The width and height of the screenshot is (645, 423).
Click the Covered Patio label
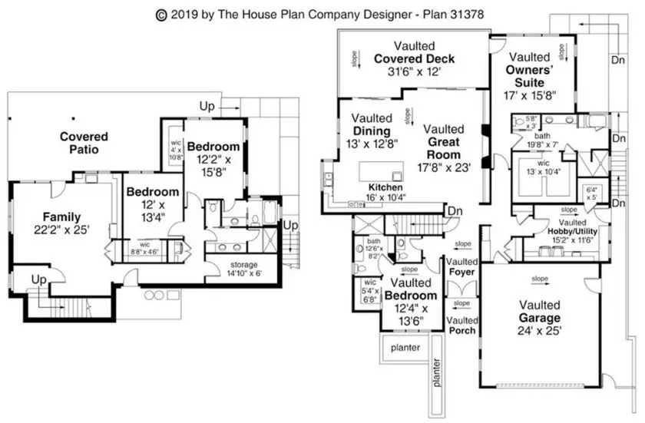pyautogui.click(x=84, y=143)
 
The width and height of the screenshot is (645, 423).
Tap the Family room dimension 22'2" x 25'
pyautogui.click(x=61, y=230)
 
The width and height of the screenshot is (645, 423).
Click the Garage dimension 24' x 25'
pyautogui.click(x=540, y=331)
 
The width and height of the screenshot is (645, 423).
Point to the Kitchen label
pyautogui.click(x=387, y=187)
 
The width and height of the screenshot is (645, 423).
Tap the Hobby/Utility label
pyautogui.click(x=571, y=231)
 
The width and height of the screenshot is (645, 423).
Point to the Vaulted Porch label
pyautogui.click(x=462, y=326)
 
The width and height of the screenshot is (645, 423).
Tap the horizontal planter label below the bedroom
pyautogui.click(x=405, y=348)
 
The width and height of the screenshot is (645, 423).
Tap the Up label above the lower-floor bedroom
pyautogui.click(x=207, y=106)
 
